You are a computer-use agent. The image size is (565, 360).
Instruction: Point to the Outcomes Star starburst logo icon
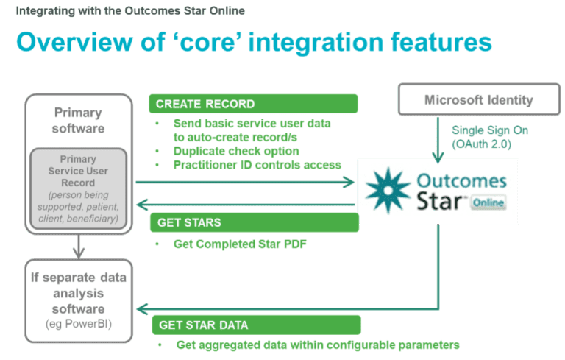click(388, 190)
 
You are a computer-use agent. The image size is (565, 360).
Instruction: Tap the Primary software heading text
click(79, 121)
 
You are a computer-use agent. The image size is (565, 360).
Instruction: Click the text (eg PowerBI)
click(79, 324)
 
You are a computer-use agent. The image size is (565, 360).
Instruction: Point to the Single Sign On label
click(489, 130)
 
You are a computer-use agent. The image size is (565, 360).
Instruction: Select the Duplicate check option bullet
click(236, 151)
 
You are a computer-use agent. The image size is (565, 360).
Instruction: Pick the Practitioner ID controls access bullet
click(257, 164)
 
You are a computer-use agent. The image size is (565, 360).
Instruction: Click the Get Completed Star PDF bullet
click(240, 244)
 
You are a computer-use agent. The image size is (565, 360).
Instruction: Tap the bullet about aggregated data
click(318, 345)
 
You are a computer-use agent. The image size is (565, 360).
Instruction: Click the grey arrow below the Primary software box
click(79, 247)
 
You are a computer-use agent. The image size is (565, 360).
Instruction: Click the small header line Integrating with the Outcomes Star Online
click(130, 11)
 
